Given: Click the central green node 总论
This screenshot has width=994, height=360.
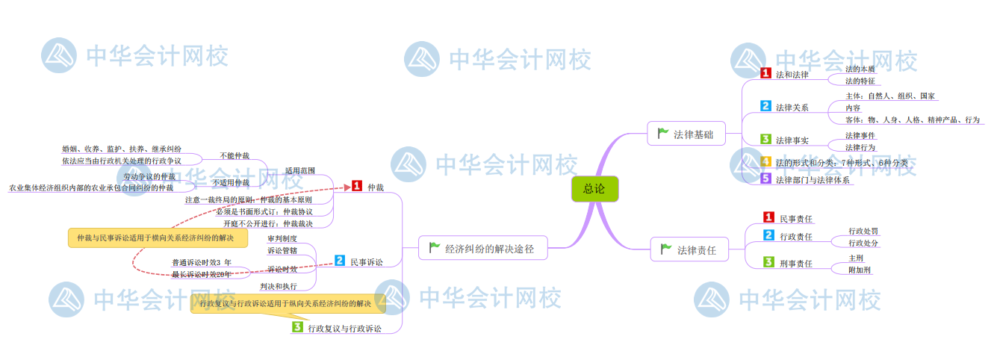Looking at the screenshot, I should tap(594, 190).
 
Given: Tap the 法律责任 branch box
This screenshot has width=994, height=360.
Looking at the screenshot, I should tap(689, 250).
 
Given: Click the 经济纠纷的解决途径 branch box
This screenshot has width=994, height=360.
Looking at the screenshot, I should tap(482, 248).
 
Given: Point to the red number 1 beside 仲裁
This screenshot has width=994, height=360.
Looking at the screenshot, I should tap(357, 186).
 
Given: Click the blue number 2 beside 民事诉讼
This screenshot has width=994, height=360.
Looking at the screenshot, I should tap(340, 261).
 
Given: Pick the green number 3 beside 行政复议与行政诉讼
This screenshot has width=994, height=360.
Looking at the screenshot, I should tap(297, 327).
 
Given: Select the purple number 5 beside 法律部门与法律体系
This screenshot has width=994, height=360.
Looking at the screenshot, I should tap(765, 179).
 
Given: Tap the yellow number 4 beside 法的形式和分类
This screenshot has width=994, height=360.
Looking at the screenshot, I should tap(765, 162).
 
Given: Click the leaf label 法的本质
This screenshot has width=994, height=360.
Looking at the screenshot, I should tap(859, 69).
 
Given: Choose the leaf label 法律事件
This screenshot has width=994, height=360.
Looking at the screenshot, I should tap(860, 135).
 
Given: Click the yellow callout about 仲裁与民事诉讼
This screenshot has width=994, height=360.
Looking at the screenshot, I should tap(156, 238).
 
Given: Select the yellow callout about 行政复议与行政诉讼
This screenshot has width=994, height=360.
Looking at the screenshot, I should tap(288, 304).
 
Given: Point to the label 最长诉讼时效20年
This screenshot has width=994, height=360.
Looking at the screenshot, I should tap(201, 274).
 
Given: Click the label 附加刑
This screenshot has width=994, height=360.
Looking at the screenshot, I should tap(859, 270).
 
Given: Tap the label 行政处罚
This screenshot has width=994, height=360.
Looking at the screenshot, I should tap(863, 232).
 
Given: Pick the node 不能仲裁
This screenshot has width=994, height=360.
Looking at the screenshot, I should tap(234, 155).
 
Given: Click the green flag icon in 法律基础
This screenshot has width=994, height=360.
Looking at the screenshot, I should tap(662, 134).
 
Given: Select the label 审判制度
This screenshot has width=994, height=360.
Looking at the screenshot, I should tap(282, 238).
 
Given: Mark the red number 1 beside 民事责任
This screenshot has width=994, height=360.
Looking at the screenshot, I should tap(768, 217).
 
